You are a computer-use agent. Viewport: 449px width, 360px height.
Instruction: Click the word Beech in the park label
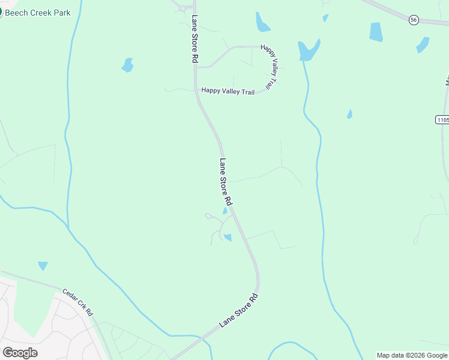[x=18, y=13]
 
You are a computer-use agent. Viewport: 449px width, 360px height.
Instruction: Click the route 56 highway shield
[x=414, y=20]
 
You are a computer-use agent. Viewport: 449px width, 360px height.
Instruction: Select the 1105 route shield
[x=442, y=120]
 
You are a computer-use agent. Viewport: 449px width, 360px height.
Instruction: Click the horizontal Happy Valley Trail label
[x=228, y=91]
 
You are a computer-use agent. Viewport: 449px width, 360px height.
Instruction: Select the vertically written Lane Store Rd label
[x=194, y=40]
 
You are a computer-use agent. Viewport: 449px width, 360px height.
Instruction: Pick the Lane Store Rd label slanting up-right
[x=238, y=310]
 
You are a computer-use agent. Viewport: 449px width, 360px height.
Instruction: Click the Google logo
[x=20, y=353]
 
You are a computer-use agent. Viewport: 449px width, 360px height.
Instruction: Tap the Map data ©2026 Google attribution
[x=412, y=355]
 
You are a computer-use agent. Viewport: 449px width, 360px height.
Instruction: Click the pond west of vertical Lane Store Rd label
[x=127, y=65]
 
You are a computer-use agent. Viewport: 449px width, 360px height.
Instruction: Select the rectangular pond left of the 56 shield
[x=376, y=32]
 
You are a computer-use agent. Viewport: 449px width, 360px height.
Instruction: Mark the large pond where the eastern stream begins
[x=309, y=50]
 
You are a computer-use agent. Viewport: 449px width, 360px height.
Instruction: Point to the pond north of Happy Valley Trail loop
[x=262, y=23]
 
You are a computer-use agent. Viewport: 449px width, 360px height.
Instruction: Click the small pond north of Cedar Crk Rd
[x=43, y=265]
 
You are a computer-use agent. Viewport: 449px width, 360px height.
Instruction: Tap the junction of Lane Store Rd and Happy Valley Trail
[x=196, y=91]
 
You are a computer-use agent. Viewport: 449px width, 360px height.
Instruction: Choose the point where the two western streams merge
[x=68, y=228]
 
